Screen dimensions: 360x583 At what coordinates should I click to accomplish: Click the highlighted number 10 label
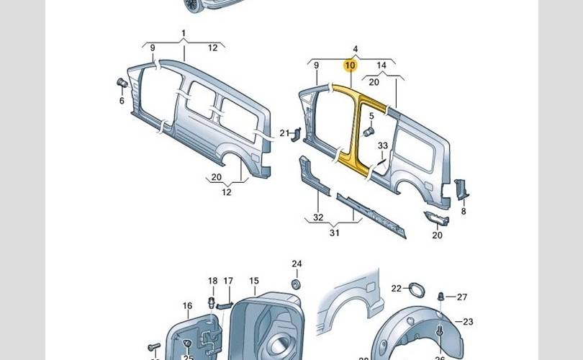351,66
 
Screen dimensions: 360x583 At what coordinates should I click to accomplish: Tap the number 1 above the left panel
183,34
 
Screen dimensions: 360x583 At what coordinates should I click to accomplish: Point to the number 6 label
122,100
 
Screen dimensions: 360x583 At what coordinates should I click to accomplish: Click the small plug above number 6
122,84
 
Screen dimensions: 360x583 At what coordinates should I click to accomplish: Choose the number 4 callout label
355,49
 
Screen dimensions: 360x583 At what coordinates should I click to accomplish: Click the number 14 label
381,66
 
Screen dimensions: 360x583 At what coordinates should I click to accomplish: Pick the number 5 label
372,116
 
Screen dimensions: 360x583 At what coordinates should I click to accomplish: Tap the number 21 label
284,132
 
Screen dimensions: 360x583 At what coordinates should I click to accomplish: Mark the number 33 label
383,145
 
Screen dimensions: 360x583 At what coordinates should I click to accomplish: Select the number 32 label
318,217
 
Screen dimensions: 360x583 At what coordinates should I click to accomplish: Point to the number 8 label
463,212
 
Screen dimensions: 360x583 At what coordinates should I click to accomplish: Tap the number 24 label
297,264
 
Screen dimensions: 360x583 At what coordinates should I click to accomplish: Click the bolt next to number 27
442,296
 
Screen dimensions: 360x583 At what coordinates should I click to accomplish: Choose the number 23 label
468,322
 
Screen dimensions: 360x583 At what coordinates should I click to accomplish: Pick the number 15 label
253,281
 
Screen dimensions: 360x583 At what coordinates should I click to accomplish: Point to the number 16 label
187,306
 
